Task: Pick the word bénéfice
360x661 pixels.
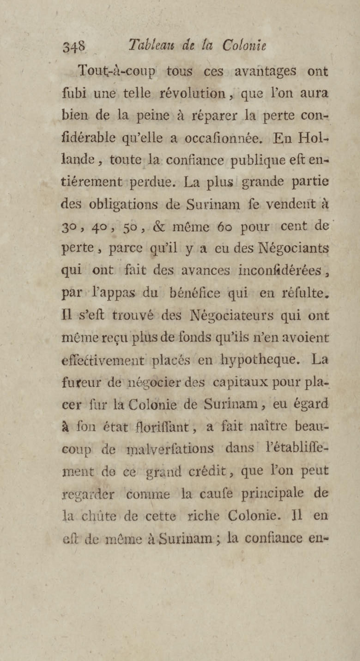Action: point(195,293)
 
